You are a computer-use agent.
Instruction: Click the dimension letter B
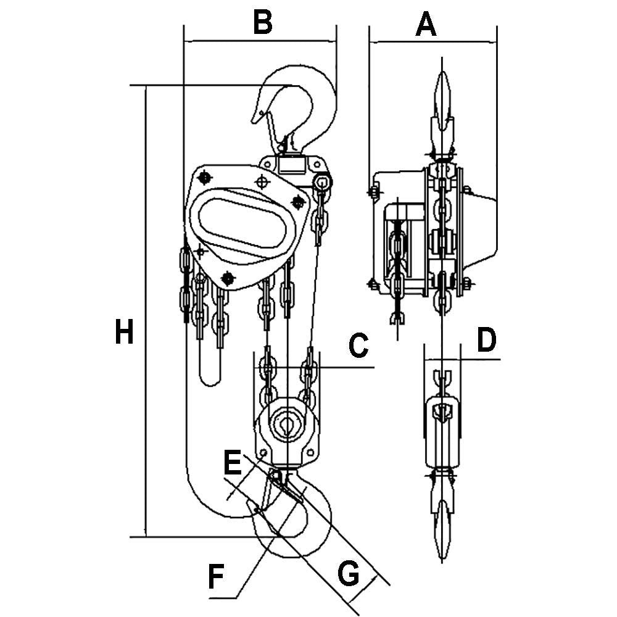point(263,23)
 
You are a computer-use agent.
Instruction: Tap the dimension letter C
point(358,346)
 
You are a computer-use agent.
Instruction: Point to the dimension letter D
point(487,340)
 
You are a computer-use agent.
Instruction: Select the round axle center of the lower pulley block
point(288,424)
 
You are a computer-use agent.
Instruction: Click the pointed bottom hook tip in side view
point(442,543)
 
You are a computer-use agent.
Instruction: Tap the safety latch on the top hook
point(269,123)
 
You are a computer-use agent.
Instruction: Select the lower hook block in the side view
point(442,432)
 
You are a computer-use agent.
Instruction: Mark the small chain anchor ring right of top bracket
point(322,182)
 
